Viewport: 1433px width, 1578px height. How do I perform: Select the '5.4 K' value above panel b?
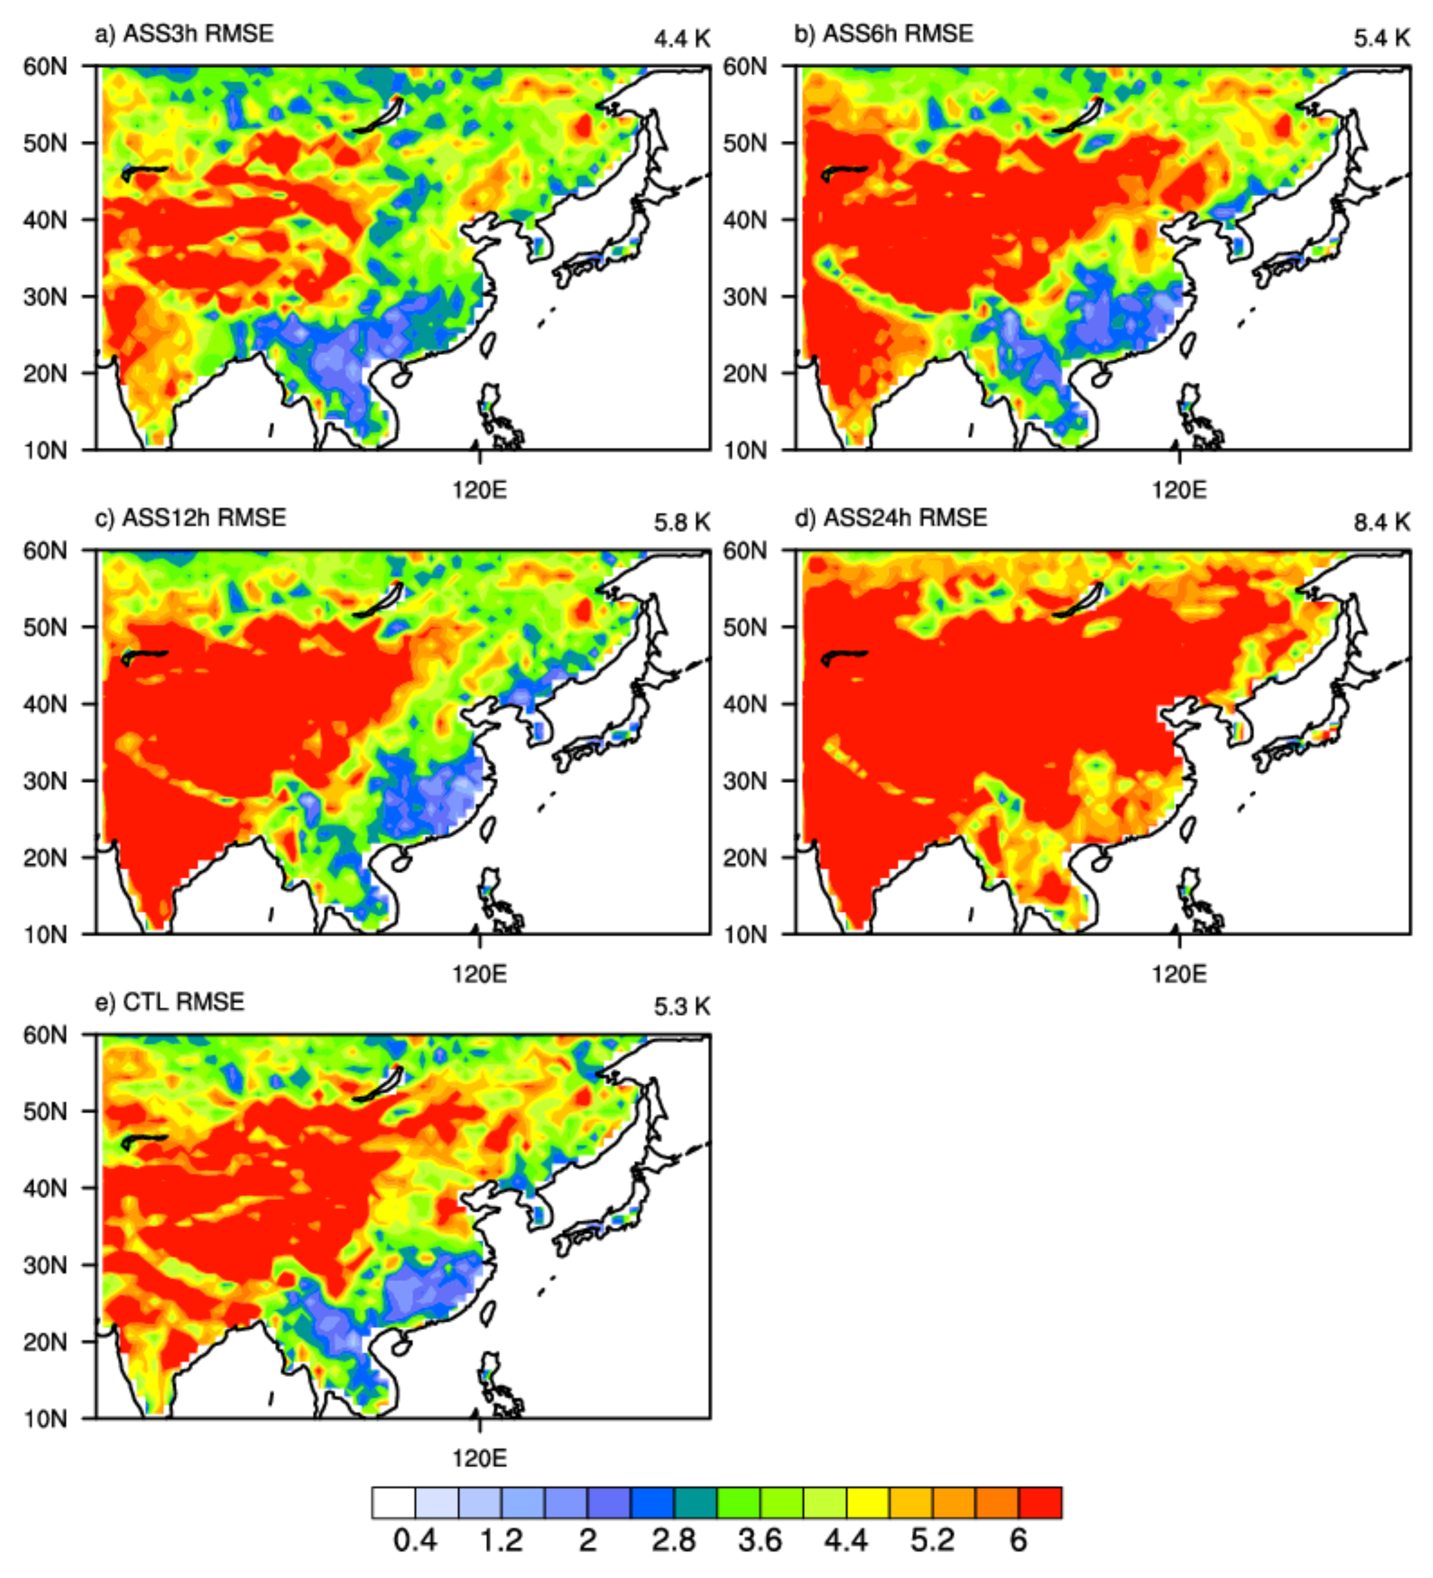[1381, 38]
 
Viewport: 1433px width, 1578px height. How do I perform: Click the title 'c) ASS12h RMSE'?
[190, 518]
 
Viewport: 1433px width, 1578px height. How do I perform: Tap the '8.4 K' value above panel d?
[1381, 522]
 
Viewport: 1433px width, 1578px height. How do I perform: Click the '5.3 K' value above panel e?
[682, 1007]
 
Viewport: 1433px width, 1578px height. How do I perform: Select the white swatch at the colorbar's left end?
[394, 1502]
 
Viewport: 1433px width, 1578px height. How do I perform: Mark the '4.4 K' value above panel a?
[682, 38]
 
